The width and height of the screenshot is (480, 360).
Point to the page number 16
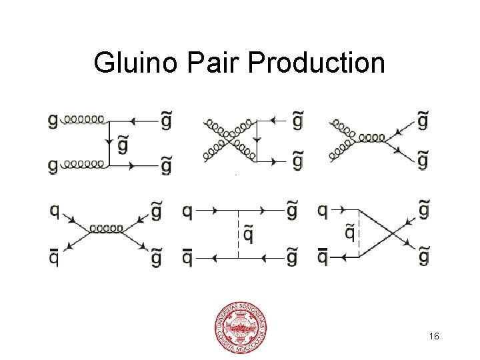pyautogui.click(x=434, y=337)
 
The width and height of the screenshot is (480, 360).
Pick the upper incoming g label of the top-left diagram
pyautogui.click(x=53, y=121)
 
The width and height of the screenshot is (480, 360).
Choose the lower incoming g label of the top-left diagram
pyautogui.click(x=53, y=165)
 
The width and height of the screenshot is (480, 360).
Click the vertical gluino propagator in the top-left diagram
pyautogui.click(x=109, y=142)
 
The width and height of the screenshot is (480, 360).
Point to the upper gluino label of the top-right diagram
pyautogui.click(x=422, y=120)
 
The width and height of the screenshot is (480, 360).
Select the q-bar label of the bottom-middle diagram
pyautogui.click(x=187, y=255)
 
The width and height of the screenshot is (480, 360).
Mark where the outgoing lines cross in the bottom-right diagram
pyautogui.click(x=397, y=233)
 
